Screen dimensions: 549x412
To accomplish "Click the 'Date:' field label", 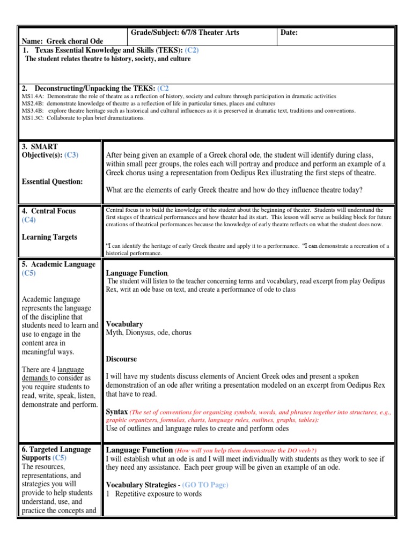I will (x=289, y=33).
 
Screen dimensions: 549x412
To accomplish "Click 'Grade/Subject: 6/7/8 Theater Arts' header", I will (x=185, y=33).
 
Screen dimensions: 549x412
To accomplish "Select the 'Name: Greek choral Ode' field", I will (x=62, y=41).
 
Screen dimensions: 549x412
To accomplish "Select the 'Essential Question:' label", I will (x=53, y=182).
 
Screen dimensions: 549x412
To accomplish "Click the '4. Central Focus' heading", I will (x=49, y=211).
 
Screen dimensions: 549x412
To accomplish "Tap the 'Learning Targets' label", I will (x=49, y=237).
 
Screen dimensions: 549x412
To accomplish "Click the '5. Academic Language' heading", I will (x=58, y=264).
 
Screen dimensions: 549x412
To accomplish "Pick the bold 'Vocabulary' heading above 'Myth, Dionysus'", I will (x=124, y=324).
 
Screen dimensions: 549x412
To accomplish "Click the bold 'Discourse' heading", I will (x=121, y=359).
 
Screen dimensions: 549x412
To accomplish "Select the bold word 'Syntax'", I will (x=117, y=411).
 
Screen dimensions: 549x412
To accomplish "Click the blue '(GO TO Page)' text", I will (x=205, y=485).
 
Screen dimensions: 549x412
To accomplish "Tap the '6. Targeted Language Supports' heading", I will (x=56, y=454).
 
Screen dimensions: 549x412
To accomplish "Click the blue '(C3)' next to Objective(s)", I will (x=71, y=155).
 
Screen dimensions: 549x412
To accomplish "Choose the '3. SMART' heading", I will (x=40, y=146).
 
